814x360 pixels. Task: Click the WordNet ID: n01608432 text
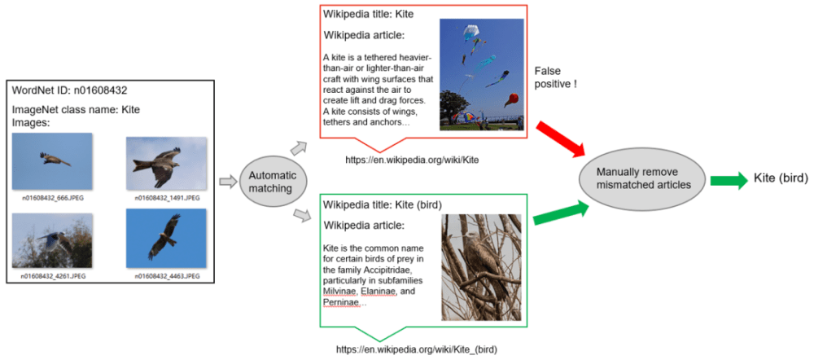coord(69,90)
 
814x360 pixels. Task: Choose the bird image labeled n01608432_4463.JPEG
coord(165,238)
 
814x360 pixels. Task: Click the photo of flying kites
coord(482,75)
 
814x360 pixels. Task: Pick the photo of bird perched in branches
coord(481,267)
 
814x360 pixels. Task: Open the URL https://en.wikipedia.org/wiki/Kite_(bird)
coord(417,349)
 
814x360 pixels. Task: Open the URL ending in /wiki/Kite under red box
coord(412,160)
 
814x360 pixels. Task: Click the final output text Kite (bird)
coord(781,179)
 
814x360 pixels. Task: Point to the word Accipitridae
coord(380,269)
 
